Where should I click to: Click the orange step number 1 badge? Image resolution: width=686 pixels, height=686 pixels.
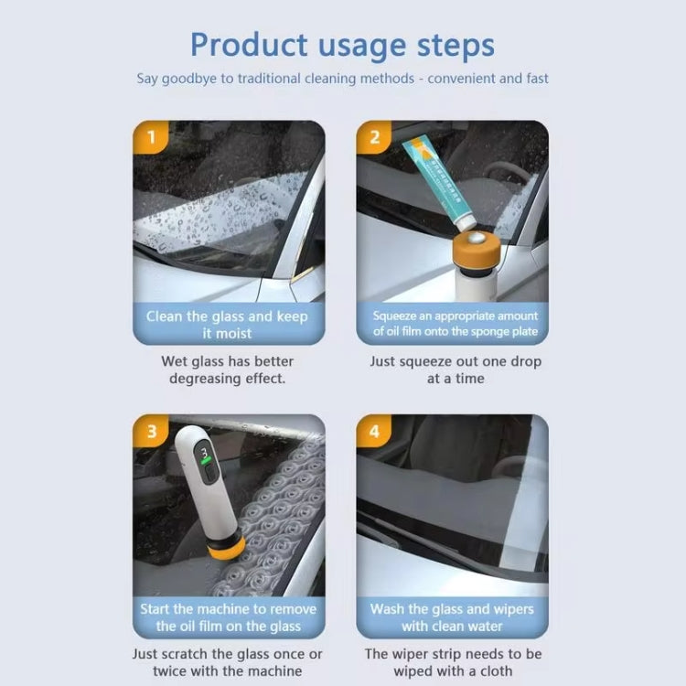pos(150,138)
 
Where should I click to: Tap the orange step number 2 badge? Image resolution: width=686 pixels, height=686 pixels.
pos(373,138)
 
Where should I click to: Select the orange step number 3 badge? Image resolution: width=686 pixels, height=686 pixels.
pos(150,431)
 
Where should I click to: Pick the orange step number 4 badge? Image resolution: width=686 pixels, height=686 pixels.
pos(373,431)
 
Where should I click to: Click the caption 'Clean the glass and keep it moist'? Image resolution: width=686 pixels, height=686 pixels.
pos(227,325)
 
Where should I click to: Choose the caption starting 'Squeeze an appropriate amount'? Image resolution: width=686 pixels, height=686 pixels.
pos(455,324)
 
